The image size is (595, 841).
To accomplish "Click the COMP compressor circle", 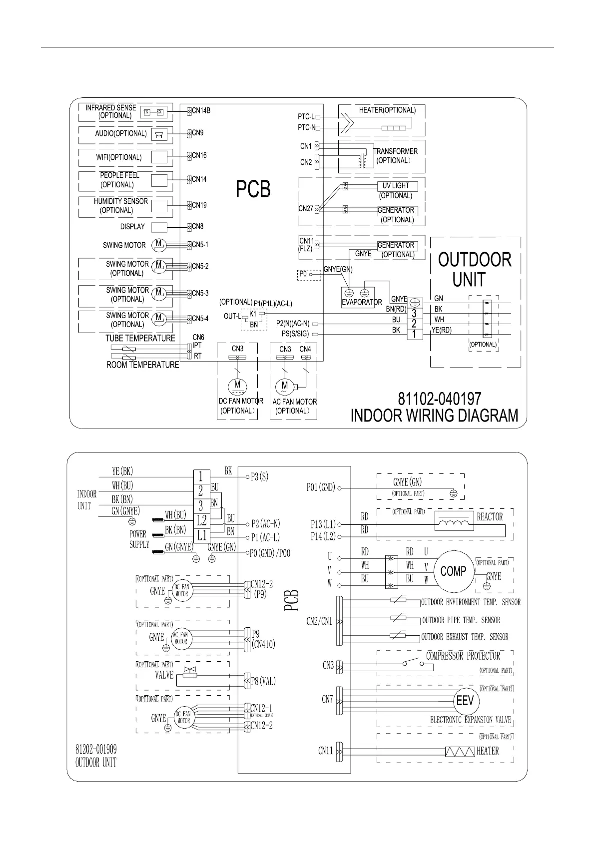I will (453, 571).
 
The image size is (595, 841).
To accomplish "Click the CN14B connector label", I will (201, 110).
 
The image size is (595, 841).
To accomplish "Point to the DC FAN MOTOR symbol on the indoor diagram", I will (237, 385).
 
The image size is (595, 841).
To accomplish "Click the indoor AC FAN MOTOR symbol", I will (285, 386).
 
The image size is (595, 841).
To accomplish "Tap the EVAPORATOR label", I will (362, 302).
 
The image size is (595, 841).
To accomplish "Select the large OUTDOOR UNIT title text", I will (474, 269).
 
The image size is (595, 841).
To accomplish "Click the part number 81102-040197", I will (440, 399).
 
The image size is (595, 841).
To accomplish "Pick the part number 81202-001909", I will (96, 750).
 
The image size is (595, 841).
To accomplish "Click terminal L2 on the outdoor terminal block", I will (201, 520).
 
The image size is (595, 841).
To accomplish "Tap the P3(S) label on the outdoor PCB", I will (259, 476).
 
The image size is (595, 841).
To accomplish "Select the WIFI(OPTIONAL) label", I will (119, 157).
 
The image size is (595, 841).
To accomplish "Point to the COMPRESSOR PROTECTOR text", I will (463, 656).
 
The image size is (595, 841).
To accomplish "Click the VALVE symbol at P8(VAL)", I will (189, 672).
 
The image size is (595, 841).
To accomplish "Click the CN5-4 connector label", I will (200, 319).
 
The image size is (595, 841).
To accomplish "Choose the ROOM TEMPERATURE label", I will (142, 365).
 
